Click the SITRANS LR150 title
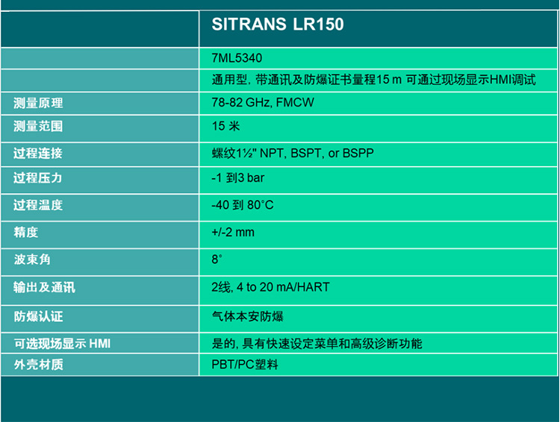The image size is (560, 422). click(278, 25)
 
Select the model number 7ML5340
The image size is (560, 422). click(237, 57)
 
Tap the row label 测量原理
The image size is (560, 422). click(38, 103)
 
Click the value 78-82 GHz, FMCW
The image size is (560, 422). click(262, 103)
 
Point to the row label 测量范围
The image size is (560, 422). click(38, 126)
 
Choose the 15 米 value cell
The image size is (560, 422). click(225, 126)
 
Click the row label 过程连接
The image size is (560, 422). click(38, 153)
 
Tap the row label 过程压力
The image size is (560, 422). click(38, 178)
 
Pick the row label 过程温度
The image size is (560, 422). click(38, 204)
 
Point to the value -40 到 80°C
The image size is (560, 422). click(243, 204)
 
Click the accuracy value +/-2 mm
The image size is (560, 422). click(233, 232)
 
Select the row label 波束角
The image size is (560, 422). click(32, 259)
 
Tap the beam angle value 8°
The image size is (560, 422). click(217, 259)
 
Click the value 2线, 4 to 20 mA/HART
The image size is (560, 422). click(270, 287)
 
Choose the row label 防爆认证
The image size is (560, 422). click(38, 316)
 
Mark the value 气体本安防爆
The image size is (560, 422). click(248, 316)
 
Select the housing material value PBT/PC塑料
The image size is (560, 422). click(245, 365)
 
